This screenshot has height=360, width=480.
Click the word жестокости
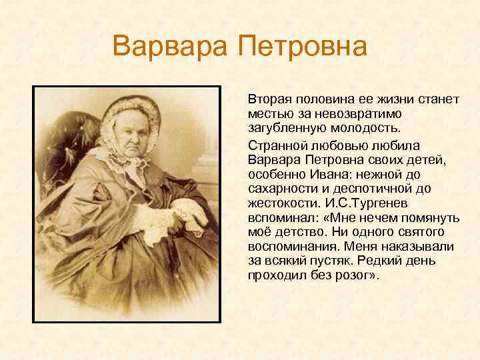click(x=283, y=203)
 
